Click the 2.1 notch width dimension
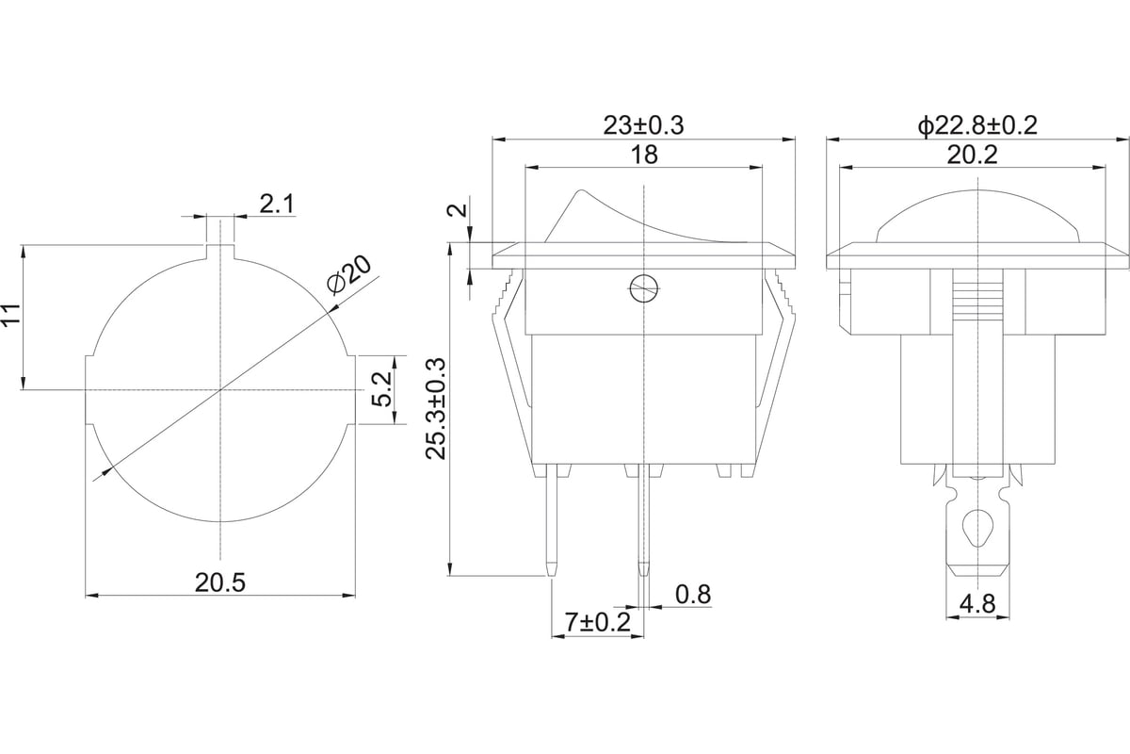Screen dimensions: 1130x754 click(x=277, y=204)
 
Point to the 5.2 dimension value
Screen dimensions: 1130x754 click(x=381, y=389)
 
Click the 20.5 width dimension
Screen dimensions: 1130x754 click(x=220, y=582)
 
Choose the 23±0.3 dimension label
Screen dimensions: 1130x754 click(x=644, y=125)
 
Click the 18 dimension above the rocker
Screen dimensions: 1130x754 click(x=644, y=155)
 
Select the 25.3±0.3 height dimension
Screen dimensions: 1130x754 click(x=436, y=409)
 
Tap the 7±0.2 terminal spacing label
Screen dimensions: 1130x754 click(x=597, y=622)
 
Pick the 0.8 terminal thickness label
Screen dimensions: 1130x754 click(x=693, y=595)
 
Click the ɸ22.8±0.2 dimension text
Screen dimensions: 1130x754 click(x=977, y=125)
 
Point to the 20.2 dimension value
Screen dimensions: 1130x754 click(x=972, y=155)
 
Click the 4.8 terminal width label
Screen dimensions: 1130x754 click(x=977, y=604)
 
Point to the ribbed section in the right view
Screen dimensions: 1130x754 click(x=977, y=303)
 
